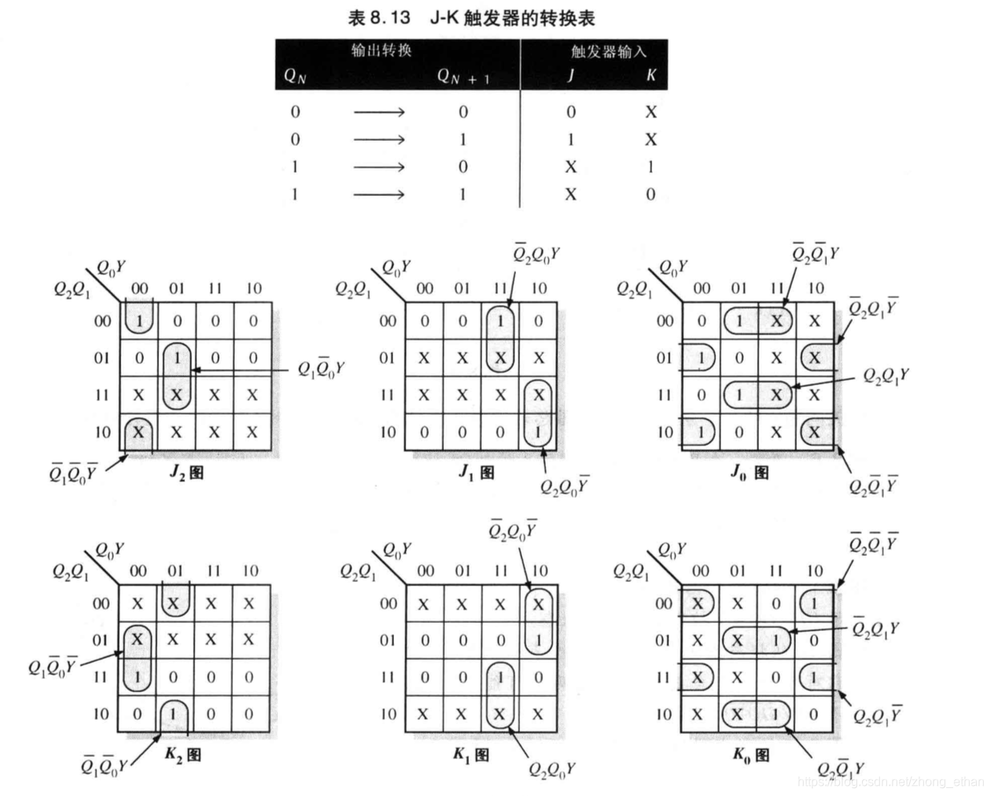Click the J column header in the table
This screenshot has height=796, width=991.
tap(570, 76)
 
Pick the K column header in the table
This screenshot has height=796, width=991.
tap(650, 76)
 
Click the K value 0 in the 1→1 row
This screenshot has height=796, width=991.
tap(650, 194)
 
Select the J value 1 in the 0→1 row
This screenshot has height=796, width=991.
tap(570, 139)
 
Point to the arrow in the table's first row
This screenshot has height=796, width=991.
tap(379, 112)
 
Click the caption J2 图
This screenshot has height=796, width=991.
tap(186, 472)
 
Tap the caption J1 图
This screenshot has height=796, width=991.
tap(477, 472)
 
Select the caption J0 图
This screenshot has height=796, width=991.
tap(750, 472)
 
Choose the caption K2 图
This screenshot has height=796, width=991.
tap(182, 755)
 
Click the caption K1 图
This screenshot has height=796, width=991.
tap(470, 755)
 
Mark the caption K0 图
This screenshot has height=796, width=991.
tap(751, 755)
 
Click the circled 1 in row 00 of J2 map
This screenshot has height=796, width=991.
tap(139, 321)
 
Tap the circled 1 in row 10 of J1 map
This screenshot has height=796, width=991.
tap(538, 432)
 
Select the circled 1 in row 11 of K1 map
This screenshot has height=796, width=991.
tap(500, 677)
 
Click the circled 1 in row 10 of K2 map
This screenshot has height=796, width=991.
tap(174, 714)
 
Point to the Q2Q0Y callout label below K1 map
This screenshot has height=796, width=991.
tap(551, 769)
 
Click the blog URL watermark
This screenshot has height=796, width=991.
tap(890, 782)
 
